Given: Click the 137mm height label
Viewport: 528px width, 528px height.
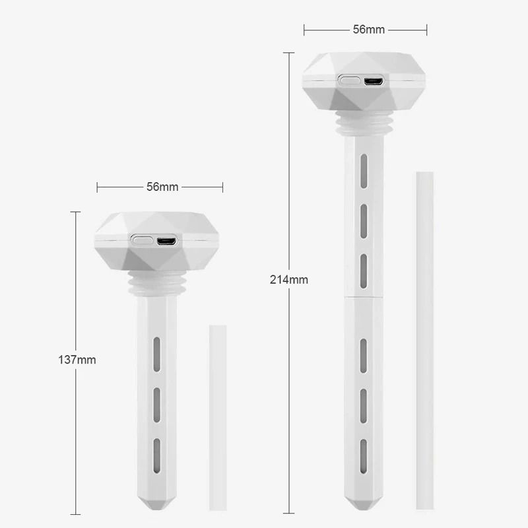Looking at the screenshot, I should [x=77, y=360].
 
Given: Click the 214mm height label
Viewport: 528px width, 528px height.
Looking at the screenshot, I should [x=289, y=279].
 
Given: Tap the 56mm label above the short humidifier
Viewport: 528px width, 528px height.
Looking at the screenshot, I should [x=162, y=187].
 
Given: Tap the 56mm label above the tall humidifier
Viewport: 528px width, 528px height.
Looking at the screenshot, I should [x=368, y=30].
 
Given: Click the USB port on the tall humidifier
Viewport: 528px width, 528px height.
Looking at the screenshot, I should [x=373, y=81].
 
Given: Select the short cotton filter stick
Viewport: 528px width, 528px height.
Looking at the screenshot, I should [x=217, y=416].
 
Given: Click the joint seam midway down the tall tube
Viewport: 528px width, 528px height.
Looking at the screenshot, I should [x=363, y=297].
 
